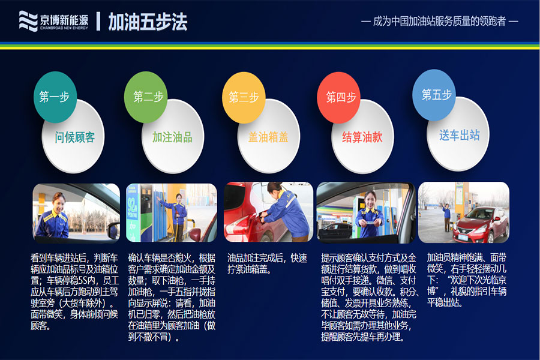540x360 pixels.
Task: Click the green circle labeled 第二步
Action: pos(146,97)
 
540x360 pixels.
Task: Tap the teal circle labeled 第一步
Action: pos(55,97)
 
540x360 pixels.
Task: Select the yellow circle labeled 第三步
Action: pos(244,97)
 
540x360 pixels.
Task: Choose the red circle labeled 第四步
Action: pos(338,97)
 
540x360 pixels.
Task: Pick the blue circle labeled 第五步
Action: pos(434,95)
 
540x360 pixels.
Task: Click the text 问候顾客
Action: pos(75,137)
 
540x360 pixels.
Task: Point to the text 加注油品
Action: pos(173,137)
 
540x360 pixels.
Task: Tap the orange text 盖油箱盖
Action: pos(268,137)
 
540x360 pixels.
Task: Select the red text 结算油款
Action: pos(362,137)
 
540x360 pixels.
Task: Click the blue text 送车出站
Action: pos(460,135)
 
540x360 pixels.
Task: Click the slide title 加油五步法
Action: pos(148,22)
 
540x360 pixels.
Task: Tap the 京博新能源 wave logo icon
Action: pos(28,21)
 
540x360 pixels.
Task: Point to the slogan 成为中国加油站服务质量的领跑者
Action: pos(439,22)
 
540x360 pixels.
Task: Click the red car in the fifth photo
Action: pos(481,224)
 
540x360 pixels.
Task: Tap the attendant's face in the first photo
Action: pos(59,203)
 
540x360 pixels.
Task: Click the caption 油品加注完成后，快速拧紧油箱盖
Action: pos(267,263)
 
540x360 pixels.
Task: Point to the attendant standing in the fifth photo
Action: pos(446,217)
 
